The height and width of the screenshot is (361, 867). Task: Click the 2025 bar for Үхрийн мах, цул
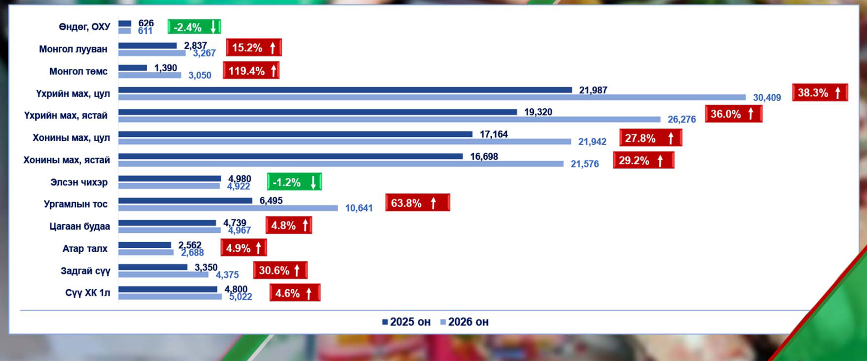[345, 90]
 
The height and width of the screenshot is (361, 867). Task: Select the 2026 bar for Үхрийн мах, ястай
[389, 120]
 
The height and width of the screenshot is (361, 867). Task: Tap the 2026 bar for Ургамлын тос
[228, 208]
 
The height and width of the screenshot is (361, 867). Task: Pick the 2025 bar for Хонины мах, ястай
[290, 156]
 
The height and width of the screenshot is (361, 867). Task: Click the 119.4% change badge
[251, 71]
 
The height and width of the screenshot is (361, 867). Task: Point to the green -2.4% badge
[194, 27]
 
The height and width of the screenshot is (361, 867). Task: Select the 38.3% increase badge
[820, 93]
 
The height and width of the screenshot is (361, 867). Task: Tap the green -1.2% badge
[294, 182]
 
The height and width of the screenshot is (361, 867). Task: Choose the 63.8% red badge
[417, 203]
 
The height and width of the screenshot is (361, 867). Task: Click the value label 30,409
[767, 97]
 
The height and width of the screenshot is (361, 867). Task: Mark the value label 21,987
[593, 90]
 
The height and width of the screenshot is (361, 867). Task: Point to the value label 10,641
[359, 208]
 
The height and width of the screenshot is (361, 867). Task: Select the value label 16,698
[484, 157]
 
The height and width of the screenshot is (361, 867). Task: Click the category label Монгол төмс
[78, 71]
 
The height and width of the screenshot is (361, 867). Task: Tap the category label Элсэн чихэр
[79, 182]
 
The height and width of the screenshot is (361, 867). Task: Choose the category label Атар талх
[85, 249]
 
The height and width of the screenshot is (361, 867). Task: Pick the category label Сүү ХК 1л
[88, 293]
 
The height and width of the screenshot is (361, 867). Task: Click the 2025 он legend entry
[406, 322]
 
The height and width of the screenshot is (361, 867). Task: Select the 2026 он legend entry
[464, 322]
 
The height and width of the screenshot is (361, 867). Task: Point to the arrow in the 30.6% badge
[297, 270]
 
